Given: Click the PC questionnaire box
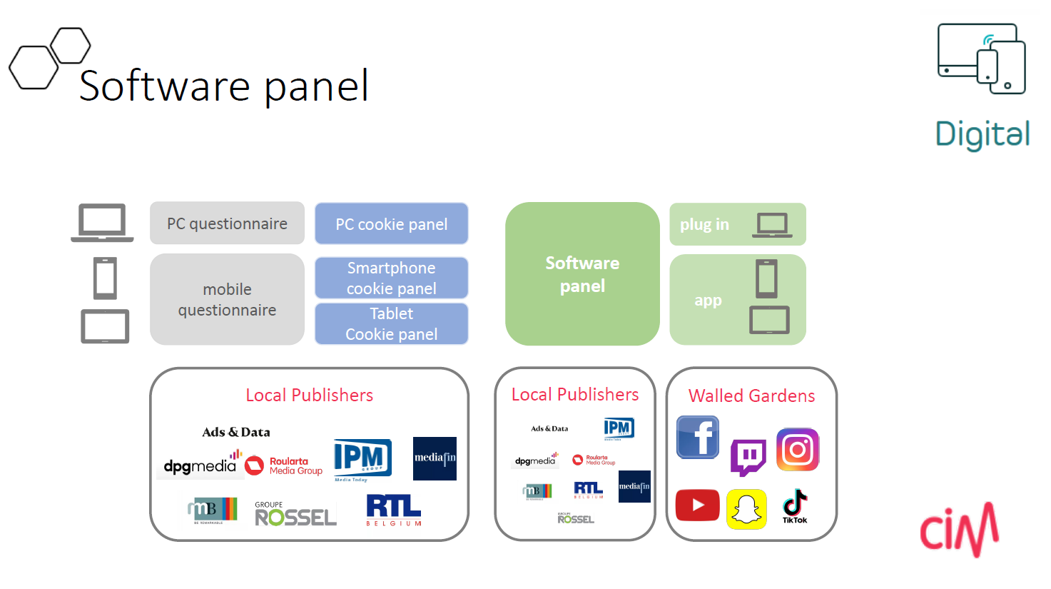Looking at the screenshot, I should pos(227,223).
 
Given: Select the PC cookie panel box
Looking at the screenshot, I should pos(391,224).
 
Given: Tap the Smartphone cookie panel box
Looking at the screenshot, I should pos(391,278).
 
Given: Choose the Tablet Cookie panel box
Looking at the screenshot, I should pos(391,323).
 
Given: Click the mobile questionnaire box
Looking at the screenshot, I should pos(227,299).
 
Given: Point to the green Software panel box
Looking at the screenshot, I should pos(582,274).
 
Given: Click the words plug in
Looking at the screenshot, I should pos(704,224).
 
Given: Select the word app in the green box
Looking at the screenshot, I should pos(708,301).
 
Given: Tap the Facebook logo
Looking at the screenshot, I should pos(698,437).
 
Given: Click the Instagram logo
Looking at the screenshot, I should pos(798,449).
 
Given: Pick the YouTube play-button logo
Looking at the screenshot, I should pos(697,505).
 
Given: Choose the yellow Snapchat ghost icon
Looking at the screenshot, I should pos(746,509).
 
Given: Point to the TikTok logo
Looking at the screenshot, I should pos(794,506).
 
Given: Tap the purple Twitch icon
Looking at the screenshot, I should pos(748,457).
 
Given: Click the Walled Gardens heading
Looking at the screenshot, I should pos(751,396).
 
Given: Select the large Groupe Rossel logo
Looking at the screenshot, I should pos(295,514).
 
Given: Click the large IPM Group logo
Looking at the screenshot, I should pos(362,458).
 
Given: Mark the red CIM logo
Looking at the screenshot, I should pos(959,530).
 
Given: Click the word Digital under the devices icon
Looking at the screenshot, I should pos(983,134).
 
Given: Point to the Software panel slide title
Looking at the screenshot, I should pos(224,86).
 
